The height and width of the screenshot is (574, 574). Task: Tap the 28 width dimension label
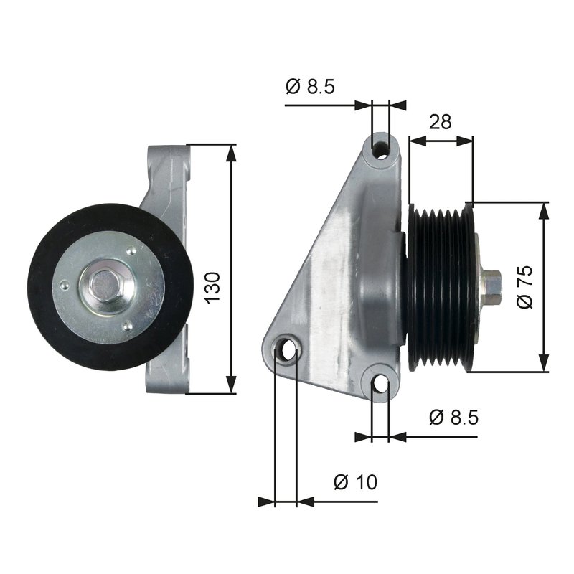click(x=440, y=121)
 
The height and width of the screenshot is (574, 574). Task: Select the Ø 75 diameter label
click(x=526, y=287)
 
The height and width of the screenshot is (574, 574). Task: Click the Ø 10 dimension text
click(x=354, y=482)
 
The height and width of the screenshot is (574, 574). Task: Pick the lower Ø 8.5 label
click(x=453, y=417)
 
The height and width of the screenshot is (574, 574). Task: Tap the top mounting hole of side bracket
click(x=381, y=150)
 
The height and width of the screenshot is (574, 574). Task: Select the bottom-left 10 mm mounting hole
click(x=288, y=351)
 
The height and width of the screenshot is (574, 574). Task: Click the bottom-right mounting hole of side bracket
click(x=380, y=385)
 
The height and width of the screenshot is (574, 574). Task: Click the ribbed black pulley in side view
click(x=440, y=287)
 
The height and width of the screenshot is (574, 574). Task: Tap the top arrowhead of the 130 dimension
click(x=231, y=151)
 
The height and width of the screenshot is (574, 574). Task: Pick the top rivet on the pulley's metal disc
click(x=131, y=251)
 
